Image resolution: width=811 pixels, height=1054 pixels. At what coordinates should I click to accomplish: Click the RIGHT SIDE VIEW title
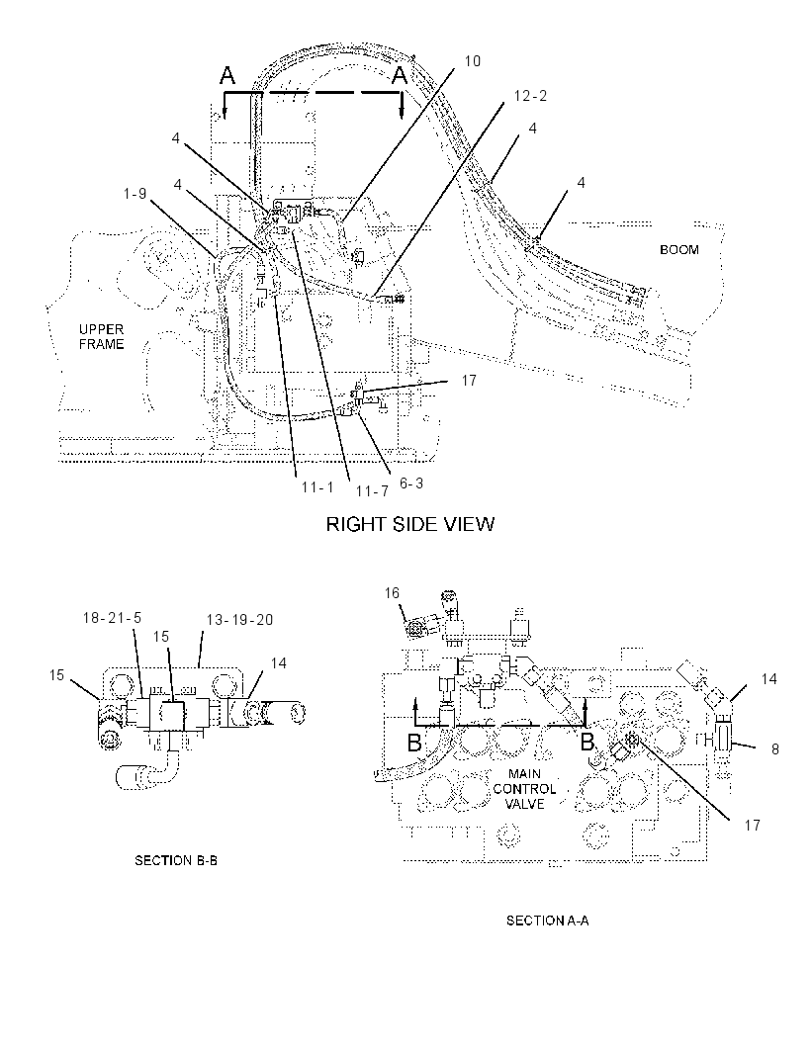tap(409, 524)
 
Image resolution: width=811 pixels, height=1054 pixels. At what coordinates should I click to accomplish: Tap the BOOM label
tap(679, 250)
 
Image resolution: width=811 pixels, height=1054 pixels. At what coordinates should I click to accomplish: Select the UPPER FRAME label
tap(102, 337)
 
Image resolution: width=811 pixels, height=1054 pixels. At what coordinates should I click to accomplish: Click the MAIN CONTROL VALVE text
tap(524, 789)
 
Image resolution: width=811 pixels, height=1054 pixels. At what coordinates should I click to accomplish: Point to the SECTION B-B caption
tap(176, 860)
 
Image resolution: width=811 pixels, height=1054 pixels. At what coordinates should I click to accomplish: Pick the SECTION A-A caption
tap(547, 921)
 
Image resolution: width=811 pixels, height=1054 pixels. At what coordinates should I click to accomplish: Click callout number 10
tap(472, 61)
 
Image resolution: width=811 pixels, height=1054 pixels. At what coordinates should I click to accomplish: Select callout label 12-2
tap(530, 96)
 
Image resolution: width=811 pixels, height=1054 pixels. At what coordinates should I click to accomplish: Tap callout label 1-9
tap(135, 194)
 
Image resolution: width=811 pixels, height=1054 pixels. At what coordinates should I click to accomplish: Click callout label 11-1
tap(317, 486)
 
